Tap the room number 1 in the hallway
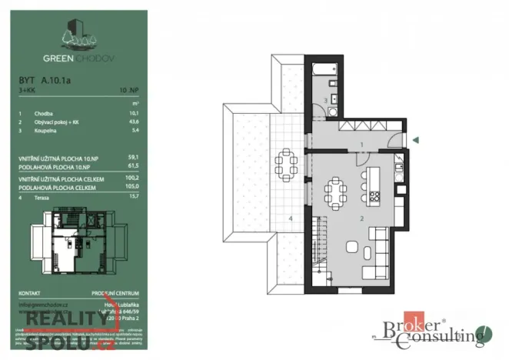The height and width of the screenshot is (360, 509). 361,145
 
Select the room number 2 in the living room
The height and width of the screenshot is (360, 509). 361,218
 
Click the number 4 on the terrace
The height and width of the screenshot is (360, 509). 291,219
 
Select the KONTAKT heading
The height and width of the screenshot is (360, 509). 29,293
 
